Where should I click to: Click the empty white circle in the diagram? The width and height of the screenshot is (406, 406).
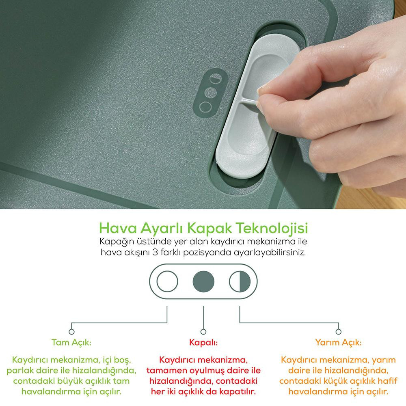click(167, 281)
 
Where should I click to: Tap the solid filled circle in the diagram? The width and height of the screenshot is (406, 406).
click(203, 281)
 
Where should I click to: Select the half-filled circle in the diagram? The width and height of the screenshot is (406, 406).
click(240, 281)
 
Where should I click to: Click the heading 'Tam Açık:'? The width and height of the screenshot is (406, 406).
click(71, 343)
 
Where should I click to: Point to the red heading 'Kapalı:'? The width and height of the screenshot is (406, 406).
click(203, 343)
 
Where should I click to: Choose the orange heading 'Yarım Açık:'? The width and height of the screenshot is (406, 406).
click(338, 343)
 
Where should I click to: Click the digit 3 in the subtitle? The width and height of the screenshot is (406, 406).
click(155, 252)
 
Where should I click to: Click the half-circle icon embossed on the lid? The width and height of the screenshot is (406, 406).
click(216, 78)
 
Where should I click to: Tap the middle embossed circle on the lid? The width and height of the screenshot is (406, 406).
click(210, 93)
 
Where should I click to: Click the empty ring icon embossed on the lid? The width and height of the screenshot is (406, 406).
click(205, 107)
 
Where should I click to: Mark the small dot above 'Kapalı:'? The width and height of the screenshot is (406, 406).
click(203, 332)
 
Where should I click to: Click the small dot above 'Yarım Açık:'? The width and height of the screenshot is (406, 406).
click(338, 332)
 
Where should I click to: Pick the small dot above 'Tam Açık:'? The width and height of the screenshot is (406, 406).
click(71, 332)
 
